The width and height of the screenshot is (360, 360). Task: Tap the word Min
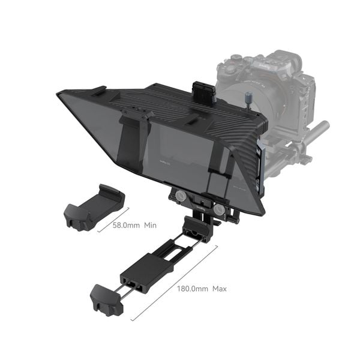pos(150,226)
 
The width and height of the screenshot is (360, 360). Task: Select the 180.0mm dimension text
pos(192,289)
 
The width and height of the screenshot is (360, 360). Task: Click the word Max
pos(219,289)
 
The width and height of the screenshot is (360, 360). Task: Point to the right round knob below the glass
pos(220,211)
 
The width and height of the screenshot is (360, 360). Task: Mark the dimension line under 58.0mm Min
pos(113,222)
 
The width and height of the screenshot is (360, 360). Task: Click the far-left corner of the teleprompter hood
pos(60,94)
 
